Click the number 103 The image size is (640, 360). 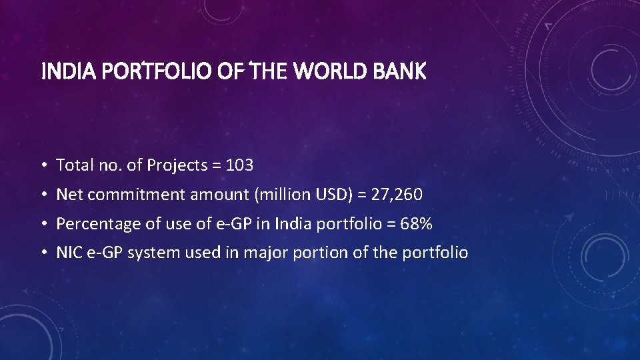point(239,165)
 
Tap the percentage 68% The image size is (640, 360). point(416,224)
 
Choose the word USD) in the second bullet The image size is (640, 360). point(325,195)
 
